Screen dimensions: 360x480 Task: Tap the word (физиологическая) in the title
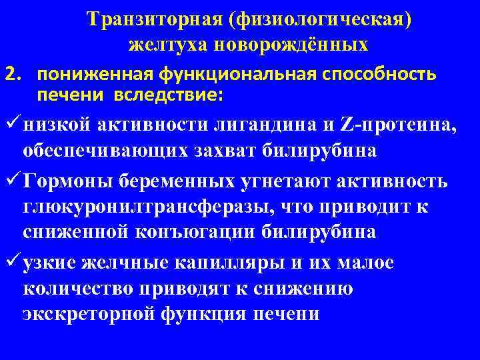click(x=320, y=21)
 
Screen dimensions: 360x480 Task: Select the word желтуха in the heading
click(x=159, y=45)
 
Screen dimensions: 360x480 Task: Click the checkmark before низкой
click(x=11, y=123)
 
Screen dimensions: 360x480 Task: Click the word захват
click(x=213, y=151)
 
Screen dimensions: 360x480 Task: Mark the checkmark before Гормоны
click(x=11, y=181)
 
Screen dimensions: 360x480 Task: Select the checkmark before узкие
click(x=11, y=262)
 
